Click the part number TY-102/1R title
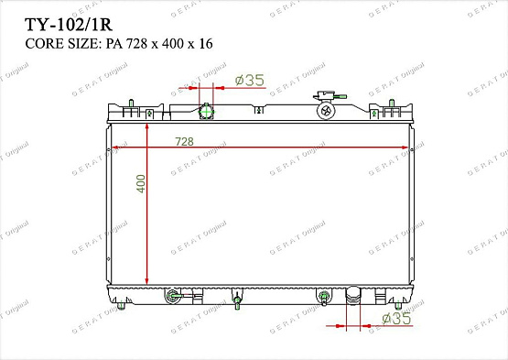pyautogui.click(x=69, y=25)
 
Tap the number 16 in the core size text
pyautogui.click(x=206, y=43)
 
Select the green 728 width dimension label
pyautogui.click(x=184, y=141)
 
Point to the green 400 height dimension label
pyautogui.click(x=141, y=183)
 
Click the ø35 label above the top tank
pyautogui.click(x=250, y=80)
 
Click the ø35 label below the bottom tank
pyautogui.click(x=396, y=318)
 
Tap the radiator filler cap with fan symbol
pyautogui.click(x=326, y=111)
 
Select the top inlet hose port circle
pyautogui.click(x=206, y=112)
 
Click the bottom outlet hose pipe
pyautogui.click(x=353, y=295)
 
